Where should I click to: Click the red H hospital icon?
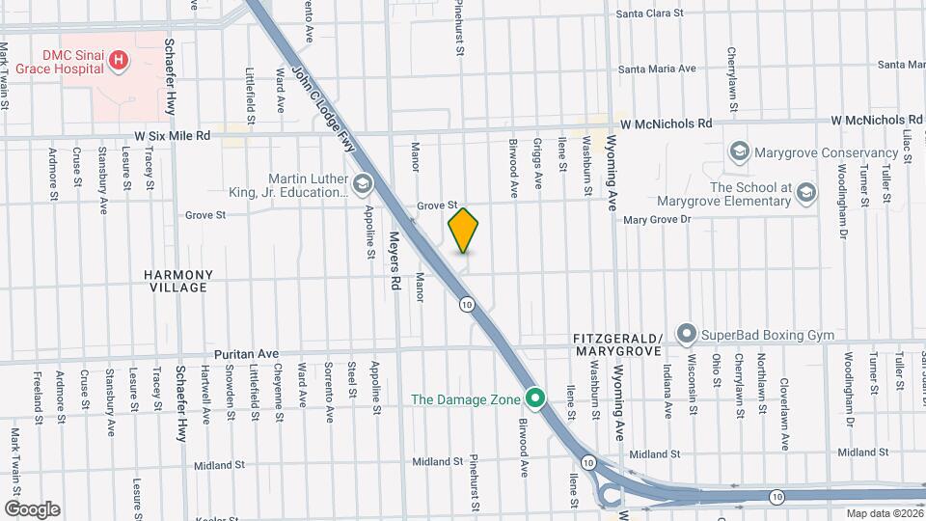(119, 62)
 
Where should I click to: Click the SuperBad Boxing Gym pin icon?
(687, 334)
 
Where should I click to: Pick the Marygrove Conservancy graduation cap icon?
(739, 152)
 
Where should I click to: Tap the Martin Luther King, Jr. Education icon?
(363, 183)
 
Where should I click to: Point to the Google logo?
(32, 508)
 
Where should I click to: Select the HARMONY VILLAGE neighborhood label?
(176, 281)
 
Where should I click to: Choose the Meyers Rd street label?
(395, 260)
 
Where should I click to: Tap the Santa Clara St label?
(650, 14)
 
